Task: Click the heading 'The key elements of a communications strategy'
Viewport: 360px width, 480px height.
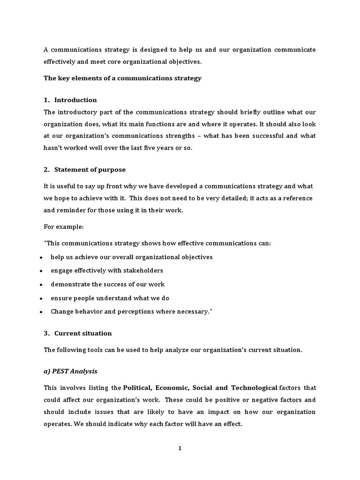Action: [122, 78]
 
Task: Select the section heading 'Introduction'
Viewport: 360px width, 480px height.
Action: [75, 100]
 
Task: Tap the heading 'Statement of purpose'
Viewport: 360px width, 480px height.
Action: [90, 169]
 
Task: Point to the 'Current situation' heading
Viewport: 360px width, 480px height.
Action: [83, 333]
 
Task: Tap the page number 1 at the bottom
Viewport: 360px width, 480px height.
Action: [180, 448]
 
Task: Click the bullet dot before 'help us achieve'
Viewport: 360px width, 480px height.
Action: [42, 258]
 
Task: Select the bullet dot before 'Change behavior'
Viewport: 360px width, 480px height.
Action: [42, 312]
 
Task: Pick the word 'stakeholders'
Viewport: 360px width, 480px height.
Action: [143, 270]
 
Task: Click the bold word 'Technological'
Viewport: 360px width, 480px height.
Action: [254, 388]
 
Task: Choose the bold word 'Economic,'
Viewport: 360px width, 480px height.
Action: [172, 388]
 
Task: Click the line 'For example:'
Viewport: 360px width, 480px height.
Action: [64, 227]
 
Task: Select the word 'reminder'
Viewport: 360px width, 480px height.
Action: [70, 210]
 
